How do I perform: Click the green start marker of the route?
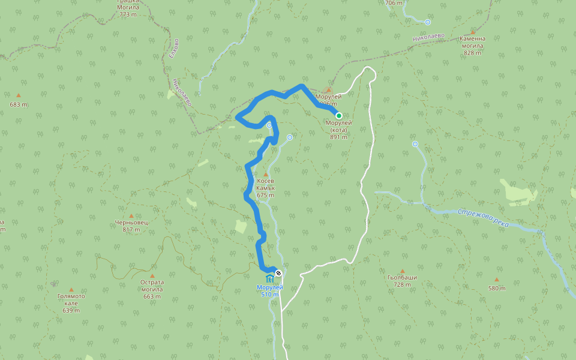point(339,116)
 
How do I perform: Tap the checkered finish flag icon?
point(278,274)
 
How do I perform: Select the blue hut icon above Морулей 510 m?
point(269,279)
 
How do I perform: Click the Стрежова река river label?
point(483,218)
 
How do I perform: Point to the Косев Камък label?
point(265,184)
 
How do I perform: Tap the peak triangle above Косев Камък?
point(266,174)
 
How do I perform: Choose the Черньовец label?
point(131,223)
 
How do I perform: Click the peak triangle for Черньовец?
point(131,215)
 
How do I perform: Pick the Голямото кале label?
point(71,299)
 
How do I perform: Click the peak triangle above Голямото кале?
point(71,289)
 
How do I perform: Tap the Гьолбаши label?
point(403,277)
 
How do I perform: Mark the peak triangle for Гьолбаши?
point(403,271)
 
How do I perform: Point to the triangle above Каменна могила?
point(473,32)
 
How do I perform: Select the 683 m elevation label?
point(19,104)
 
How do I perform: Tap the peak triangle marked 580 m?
point(497,280)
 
